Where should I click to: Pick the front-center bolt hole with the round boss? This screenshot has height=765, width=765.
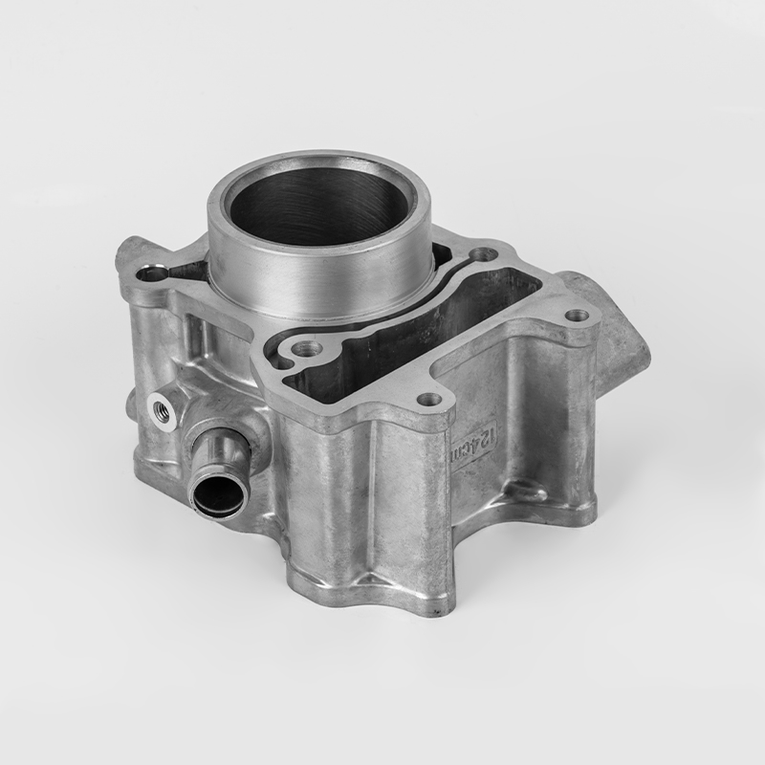click(x=304, y=351)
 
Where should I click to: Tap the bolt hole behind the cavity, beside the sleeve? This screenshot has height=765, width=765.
click(x=484, y=254)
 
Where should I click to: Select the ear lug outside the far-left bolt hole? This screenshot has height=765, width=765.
click(x=129, y=253)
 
